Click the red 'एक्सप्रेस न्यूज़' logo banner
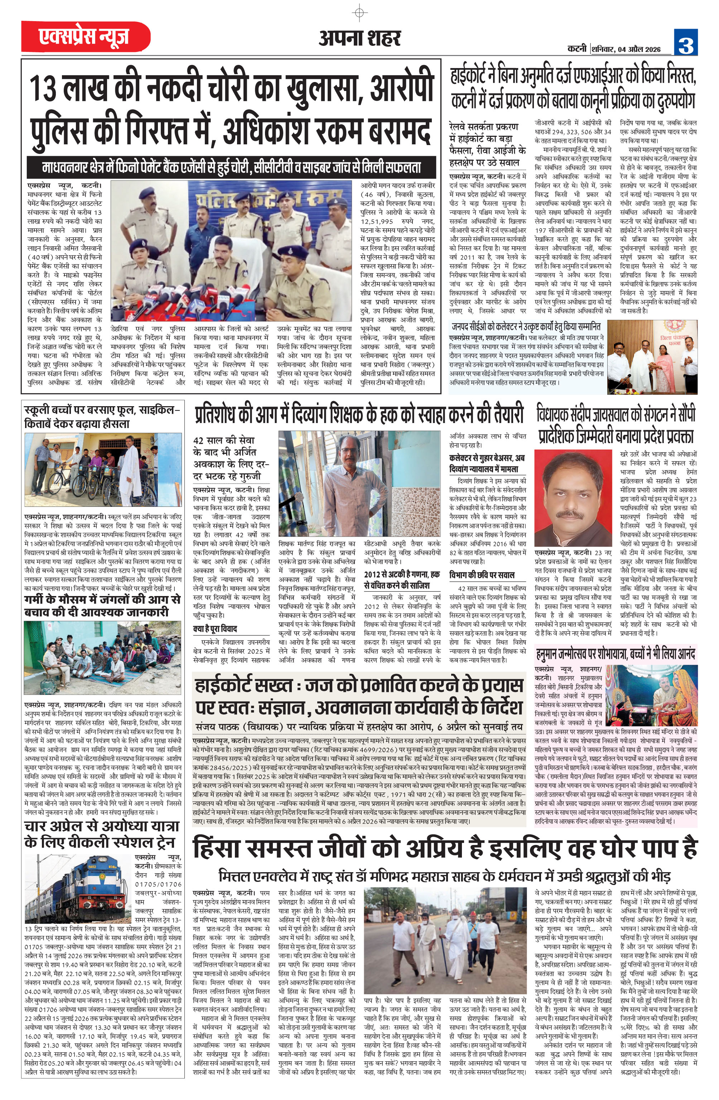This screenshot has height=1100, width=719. (x=86, y=37)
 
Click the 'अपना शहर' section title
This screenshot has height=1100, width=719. (x=359, y=38)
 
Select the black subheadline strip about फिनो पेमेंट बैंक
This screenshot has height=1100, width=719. (x=231, y=167)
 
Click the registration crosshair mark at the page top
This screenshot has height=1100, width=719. (x=359, y=13)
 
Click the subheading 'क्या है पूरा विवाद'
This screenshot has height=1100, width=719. (x=215, y=629)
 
